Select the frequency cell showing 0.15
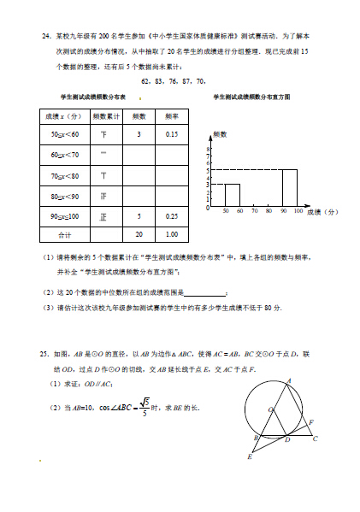[x=172, y=134]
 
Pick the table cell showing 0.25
[x=172, y=216]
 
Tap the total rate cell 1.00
[x=172, y=233]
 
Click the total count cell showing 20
[x=139, y=233]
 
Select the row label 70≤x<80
[x=65, y=175]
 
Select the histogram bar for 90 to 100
[x=290, y=188]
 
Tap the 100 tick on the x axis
[x=298, y=211]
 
